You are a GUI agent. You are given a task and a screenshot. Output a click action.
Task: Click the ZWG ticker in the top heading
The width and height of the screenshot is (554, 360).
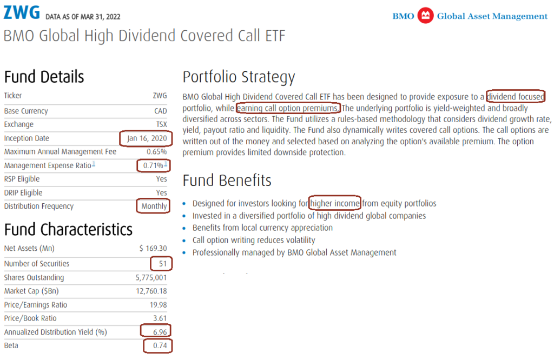22,12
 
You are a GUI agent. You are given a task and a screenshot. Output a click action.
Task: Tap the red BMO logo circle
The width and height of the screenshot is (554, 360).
425,16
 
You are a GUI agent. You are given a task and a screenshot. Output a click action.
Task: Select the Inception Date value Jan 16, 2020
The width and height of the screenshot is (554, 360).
147,138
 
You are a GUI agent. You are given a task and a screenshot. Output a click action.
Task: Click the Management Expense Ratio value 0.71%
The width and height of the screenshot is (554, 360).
153,165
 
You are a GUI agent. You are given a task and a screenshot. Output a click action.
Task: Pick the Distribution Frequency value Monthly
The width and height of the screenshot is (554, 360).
154,206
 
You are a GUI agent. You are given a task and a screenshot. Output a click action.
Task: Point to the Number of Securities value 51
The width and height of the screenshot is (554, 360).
162,264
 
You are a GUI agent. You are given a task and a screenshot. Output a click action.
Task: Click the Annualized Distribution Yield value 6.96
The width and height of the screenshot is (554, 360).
160,332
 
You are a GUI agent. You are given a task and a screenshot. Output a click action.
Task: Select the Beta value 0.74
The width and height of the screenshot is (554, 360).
160,345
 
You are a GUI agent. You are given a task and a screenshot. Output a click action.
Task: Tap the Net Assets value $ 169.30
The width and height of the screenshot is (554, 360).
153,248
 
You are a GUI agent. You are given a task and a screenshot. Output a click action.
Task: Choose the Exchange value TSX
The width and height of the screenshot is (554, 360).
161,124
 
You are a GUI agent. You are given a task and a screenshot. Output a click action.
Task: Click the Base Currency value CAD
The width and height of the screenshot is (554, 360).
160,111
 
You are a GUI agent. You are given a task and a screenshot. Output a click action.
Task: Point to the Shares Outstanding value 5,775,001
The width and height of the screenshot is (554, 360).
151,277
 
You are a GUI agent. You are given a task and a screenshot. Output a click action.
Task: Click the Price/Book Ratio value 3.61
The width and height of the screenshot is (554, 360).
160,318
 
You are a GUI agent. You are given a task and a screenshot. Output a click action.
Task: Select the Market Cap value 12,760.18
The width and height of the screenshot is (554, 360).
151,291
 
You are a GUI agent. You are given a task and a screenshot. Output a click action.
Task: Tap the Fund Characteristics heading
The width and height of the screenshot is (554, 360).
68,230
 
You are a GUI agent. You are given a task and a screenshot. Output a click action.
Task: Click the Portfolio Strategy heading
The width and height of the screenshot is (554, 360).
239,77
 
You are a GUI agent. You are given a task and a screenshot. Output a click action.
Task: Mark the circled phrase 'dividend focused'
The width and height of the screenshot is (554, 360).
516,96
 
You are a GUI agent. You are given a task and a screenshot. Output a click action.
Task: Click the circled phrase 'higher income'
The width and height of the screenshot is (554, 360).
335,203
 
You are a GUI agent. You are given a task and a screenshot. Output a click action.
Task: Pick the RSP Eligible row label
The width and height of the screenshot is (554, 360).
22,179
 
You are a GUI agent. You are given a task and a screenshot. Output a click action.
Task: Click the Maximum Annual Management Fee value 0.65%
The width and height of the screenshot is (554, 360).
157,152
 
